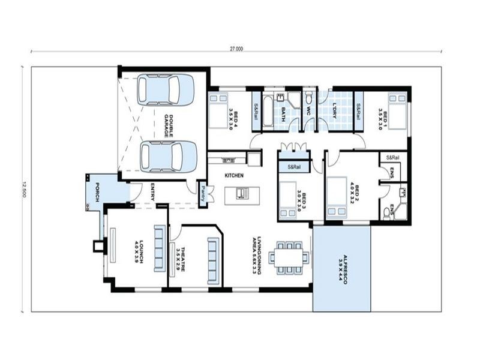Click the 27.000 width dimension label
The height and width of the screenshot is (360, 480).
click(x=236, y=49)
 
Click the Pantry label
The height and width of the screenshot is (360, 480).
click(x=203, y=194)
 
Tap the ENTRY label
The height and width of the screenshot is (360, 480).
click(x=152, y=191)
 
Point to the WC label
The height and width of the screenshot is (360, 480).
click(x=308, y=111)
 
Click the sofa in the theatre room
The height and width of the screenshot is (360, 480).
click(x=212, y=256)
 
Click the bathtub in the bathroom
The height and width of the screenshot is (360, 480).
click(x=268, y=110)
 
